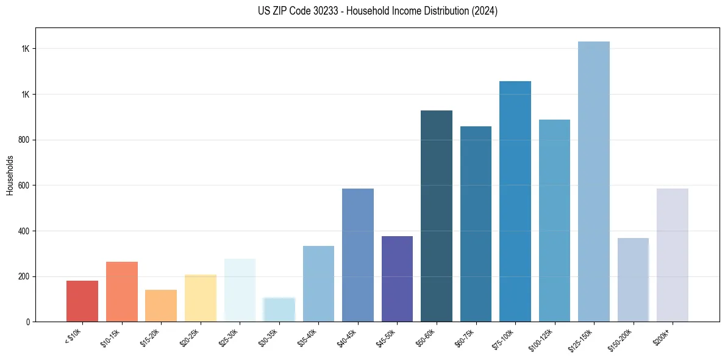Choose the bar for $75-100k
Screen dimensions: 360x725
pos(515,201)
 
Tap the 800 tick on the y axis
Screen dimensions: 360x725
pos(26,140)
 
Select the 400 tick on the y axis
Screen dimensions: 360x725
pos(26,231)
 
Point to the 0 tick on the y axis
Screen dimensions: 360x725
pos(29,322)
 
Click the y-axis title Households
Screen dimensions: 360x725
pos(10,175)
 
